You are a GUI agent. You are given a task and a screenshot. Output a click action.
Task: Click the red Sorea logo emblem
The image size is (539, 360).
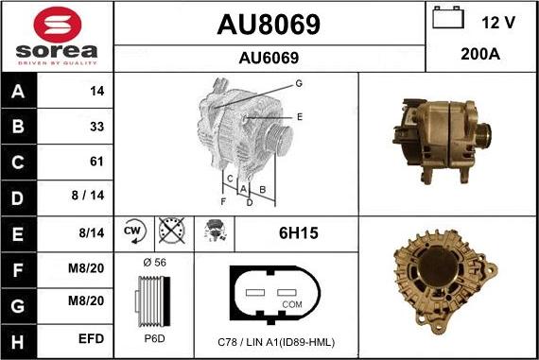[58, 25]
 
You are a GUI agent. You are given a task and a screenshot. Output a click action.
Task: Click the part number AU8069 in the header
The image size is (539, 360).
[269, 25]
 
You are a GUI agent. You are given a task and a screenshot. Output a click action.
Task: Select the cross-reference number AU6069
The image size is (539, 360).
[269, 58]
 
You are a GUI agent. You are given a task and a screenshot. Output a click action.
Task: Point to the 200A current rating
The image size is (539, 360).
[480, 54]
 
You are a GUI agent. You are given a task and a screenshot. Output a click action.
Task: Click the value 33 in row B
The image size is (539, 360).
[97, 127]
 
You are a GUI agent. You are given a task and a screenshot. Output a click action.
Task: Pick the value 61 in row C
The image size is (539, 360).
[96, 162]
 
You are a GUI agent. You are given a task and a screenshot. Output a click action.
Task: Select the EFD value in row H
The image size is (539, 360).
[91, 338]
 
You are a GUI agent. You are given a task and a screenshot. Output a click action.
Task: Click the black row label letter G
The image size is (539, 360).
[18, 306]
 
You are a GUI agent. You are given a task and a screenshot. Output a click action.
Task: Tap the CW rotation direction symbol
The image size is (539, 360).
[134, 231]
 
